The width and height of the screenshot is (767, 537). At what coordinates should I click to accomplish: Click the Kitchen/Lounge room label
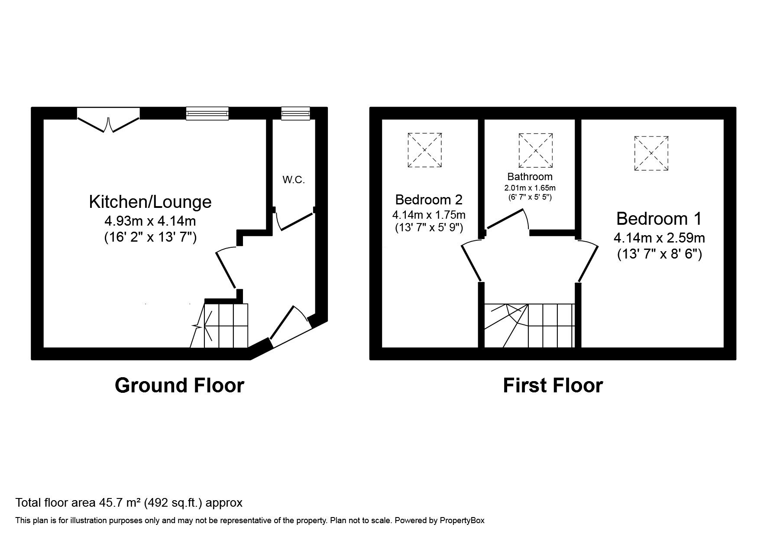coord(150,202)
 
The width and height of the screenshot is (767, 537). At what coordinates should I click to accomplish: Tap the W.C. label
coord(294,180)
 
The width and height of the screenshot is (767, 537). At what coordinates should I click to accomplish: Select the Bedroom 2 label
coord(429,200)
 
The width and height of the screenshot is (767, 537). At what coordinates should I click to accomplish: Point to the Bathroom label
coord(530,177)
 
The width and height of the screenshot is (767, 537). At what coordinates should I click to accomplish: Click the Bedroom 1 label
coord(659,219)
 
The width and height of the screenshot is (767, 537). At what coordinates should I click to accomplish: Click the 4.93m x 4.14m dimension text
coord(150,221)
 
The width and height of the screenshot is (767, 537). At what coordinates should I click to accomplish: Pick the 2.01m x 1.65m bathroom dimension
coord(530,188)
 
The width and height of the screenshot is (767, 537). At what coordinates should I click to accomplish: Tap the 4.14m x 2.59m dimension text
coord(659,238)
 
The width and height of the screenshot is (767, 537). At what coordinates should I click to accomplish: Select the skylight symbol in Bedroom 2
coord(424,150)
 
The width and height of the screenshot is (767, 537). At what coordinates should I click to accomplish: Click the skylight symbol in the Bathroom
coord(536,150)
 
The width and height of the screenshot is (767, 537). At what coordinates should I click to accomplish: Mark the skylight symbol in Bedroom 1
coord(651,153)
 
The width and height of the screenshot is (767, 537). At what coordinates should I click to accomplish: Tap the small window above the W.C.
coord(295,113)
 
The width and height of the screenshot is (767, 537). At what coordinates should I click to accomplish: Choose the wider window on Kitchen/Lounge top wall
coord(207,113)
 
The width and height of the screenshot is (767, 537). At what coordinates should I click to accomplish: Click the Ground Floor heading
coord(179,385)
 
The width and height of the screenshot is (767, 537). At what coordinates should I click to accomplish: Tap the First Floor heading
coord(552,385)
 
